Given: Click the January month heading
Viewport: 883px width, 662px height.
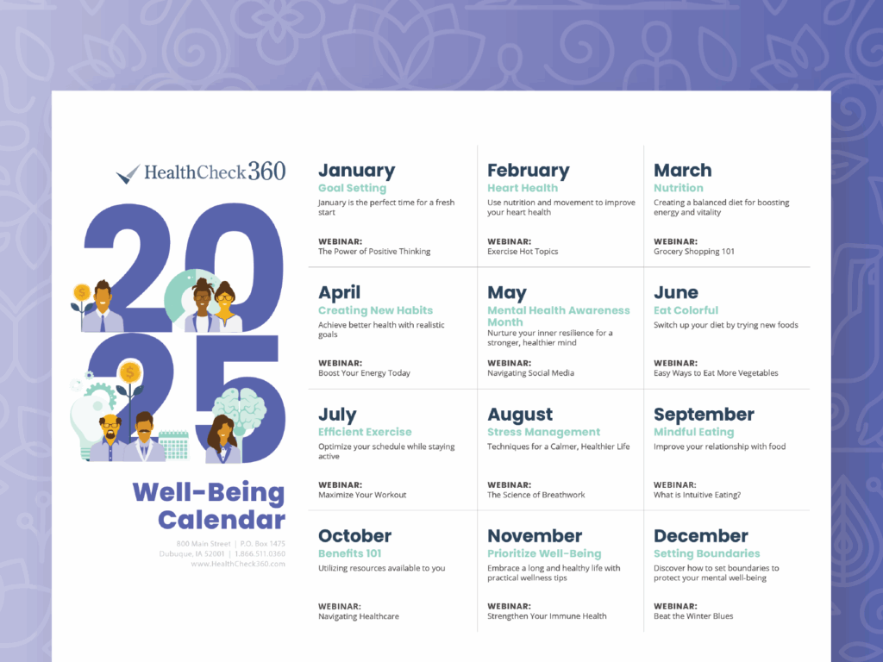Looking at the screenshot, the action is click(x=356, y=171).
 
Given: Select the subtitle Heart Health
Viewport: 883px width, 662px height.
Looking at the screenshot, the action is click(x=523, y=188).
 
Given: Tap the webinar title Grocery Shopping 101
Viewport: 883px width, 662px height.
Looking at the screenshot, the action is click(x=694, y=252).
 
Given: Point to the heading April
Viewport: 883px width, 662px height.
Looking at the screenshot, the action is click(x=339, y=293).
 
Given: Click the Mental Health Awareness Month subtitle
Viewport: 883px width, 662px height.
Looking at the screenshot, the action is click(x=559, y=315).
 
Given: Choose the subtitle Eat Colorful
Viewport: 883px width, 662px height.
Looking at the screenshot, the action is click(x=686, y=310).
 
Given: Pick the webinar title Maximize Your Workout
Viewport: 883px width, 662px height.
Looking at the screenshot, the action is click(x=362, y=495).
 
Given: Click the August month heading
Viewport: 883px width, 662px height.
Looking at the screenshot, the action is click(x=520, y=415).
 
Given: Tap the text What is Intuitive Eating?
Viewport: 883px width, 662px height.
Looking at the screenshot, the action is click(x=697, y=495).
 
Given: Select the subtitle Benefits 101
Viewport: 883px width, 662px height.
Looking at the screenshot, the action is click(x=350, y=553).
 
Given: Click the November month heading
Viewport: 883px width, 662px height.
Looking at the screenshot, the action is click(x=535, y=536).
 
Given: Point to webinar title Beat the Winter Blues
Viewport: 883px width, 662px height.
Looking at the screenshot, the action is click(x=693, y=616).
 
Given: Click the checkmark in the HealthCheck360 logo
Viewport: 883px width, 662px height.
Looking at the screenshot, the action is click(x=128, y=174).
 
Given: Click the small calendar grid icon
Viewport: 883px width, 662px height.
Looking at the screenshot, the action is click(x=173, y=446).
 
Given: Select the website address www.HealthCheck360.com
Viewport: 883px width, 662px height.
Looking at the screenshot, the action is click(x=238, y=564).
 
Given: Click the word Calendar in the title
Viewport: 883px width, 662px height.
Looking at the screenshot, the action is click(x=222, y=520).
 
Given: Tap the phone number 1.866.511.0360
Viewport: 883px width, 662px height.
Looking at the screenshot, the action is click(x=260, y=554).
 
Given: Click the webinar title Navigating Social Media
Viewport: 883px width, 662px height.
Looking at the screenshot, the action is click(x=530, y=373).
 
